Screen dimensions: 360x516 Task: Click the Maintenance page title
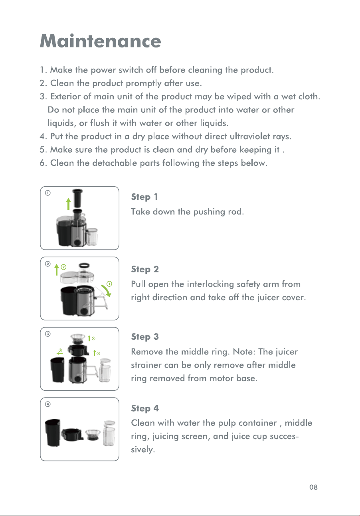(x=100, y=41)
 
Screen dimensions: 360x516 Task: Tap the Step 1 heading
(x=144, y=197)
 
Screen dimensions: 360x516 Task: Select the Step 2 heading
(x=145, y=269)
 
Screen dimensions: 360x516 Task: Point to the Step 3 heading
(x=145, y=337)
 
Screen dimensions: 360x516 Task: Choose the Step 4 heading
(x=145, y=408)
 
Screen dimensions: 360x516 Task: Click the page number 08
(x=313, y=487)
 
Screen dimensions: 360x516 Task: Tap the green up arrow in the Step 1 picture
(x=69, y=204)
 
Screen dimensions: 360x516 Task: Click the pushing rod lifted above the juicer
(x=77, y=198)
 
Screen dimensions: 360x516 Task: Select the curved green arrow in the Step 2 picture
(x=107, y=291)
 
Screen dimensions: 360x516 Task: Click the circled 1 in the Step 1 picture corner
(x=48, y=193)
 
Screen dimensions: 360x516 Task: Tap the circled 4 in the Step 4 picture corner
(x=48, y=404)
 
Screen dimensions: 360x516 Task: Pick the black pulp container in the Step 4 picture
(x=53, y=432)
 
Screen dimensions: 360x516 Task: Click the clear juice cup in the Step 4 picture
(x=109, y=433)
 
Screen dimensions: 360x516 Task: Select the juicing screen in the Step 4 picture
(x=93, y=435)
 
